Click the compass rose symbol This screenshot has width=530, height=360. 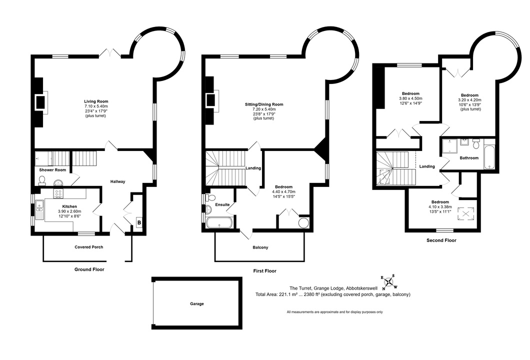[389, 282]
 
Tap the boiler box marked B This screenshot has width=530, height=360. [139, 223]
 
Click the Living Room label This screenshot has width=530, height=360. [96, 101]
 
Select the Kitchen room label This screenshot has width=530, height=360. [69, 206]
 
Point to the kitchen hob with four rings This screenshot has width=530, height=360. [58, 193]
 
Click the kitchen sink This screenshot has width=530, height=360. [39, 209]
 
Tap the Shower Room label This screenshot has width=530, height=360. [52, 169]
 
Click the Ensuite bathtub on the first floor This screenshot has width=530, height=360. [219, 223]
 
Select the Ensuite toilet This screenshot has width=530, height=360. [211, 197]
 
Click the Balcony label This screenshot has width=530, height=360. [260, 247]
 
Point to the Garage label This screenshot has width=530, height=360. [196, 304]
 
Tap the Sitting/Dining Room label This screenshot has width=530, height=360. [264, 104]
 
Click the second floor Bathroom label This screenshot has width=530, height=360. [469, 158]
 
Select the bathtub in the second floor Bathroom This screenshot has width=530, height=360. [489, 158]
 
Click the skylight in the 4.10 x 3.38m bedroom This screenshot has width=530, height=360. [466, 213]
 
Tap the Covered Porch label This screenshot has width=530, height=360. [89, 247]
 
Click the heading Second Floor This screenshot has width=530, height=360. [441, 240]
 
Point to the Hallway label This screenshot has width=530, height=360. [118, 181]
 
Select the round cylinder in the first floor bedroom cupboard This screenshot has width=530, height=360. [304, 223]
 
